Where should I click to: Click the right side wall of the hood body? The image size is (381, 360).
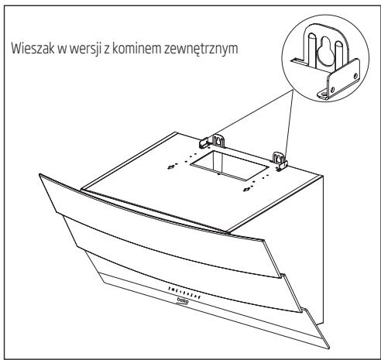[x=325, y=232]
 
